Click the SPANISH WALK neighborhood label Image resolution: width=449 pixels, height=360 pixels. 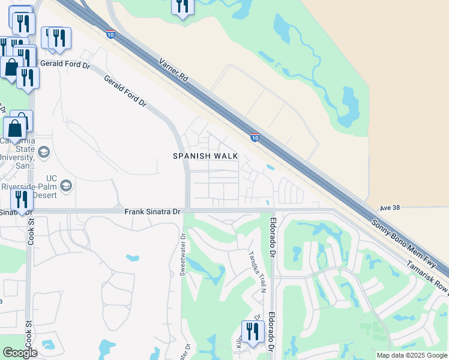point(205,156)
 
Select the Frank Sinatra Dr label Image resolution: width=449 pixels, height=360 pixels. point(152,212)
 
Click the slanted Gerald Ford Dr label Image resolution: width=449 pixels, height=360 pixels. point(125,92)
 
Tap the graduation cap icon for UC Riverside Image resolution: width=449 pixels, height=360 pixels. point(66,185)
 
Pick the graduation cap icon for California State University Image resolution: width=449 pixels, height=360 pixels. point(43,152)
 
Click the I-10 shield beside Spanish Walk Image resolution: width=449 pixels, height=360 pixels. point(255,137)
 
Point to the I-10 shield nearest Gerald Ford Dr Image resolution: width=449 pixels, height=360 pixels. point(110,34)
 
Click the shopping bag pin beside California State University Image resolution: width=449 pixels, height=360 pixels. point(14,128)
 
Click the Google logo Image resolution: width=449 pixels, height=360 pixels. point(20,353)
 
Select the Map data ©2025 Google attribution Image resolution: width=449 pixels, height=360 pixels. point(411,355)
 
